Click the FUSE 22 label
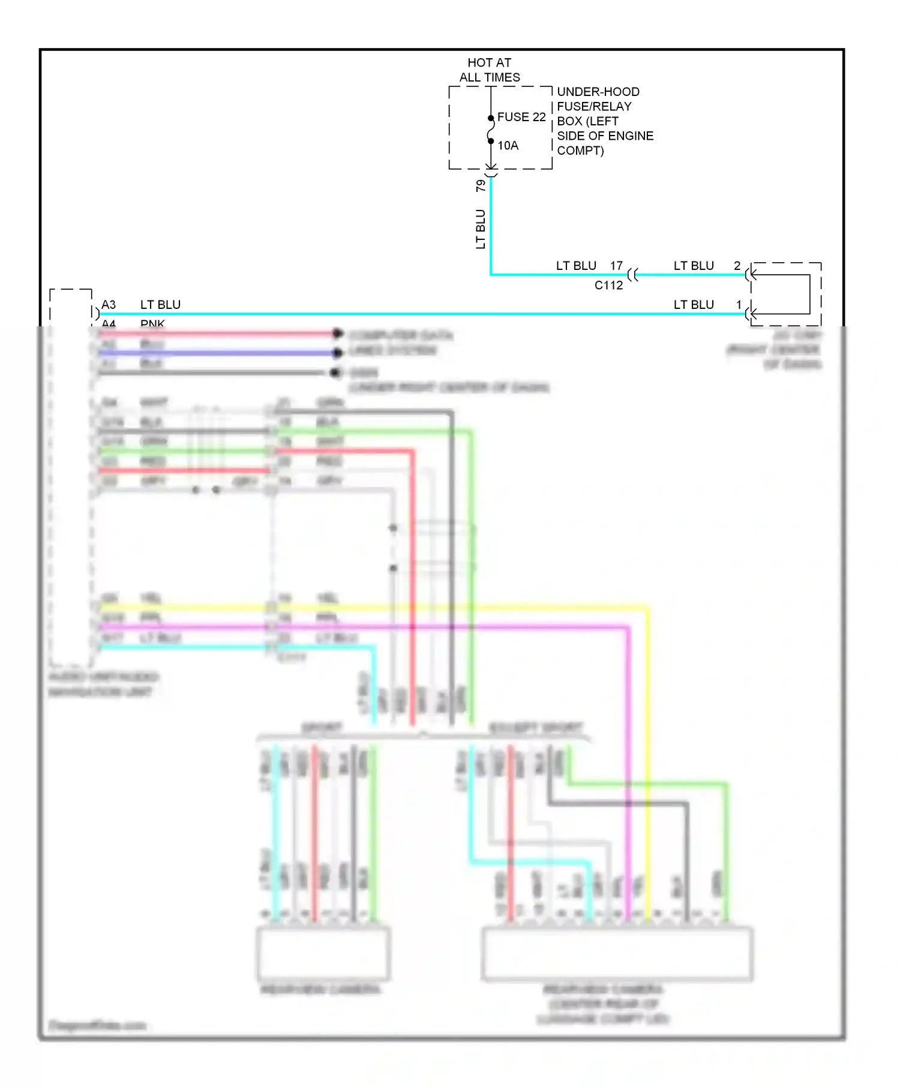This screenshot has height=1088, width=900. (x=521, y=117)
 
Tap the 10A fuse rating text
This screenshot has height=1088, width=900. (x=508, y=146)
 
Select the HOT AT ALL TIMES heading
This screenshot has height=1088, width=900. (x=489, y=70)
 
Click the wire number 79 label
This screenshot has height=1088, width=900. (x=481, y=186)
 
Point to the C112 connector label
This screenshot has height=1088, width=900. (x=608, y=285)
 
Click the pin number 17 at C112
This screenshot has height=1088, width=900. (x=616, y=266)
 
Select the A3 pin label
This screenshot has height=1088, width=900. (x=109, y=305)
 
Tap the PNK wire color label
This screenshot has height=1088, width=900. (x=152, y=323)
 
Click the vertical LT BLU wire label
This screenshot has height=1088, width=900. (x=481, y=229)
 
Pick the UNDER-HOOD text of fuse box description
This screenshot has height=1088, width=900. (x=598, y=92)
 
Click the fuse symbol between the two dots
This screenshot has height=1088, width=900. (x=490, y=130)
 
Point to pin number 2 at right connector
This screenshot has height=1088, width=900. (x=737, y=266)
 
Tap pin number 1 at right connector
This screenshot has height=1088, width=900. (x=739, y=305)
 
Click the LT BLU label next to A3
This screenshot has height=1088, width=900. (x=160, y=305)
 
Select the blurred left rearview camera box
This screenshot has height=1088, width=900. (x=323, y=954)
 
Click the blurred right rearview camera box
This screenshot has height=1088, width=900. (x=617, y=954)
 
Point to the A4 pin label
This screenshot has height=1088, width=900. (x=109, y=323)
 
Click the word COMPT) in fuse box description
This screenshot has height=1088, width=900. (x=580, y=151)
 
